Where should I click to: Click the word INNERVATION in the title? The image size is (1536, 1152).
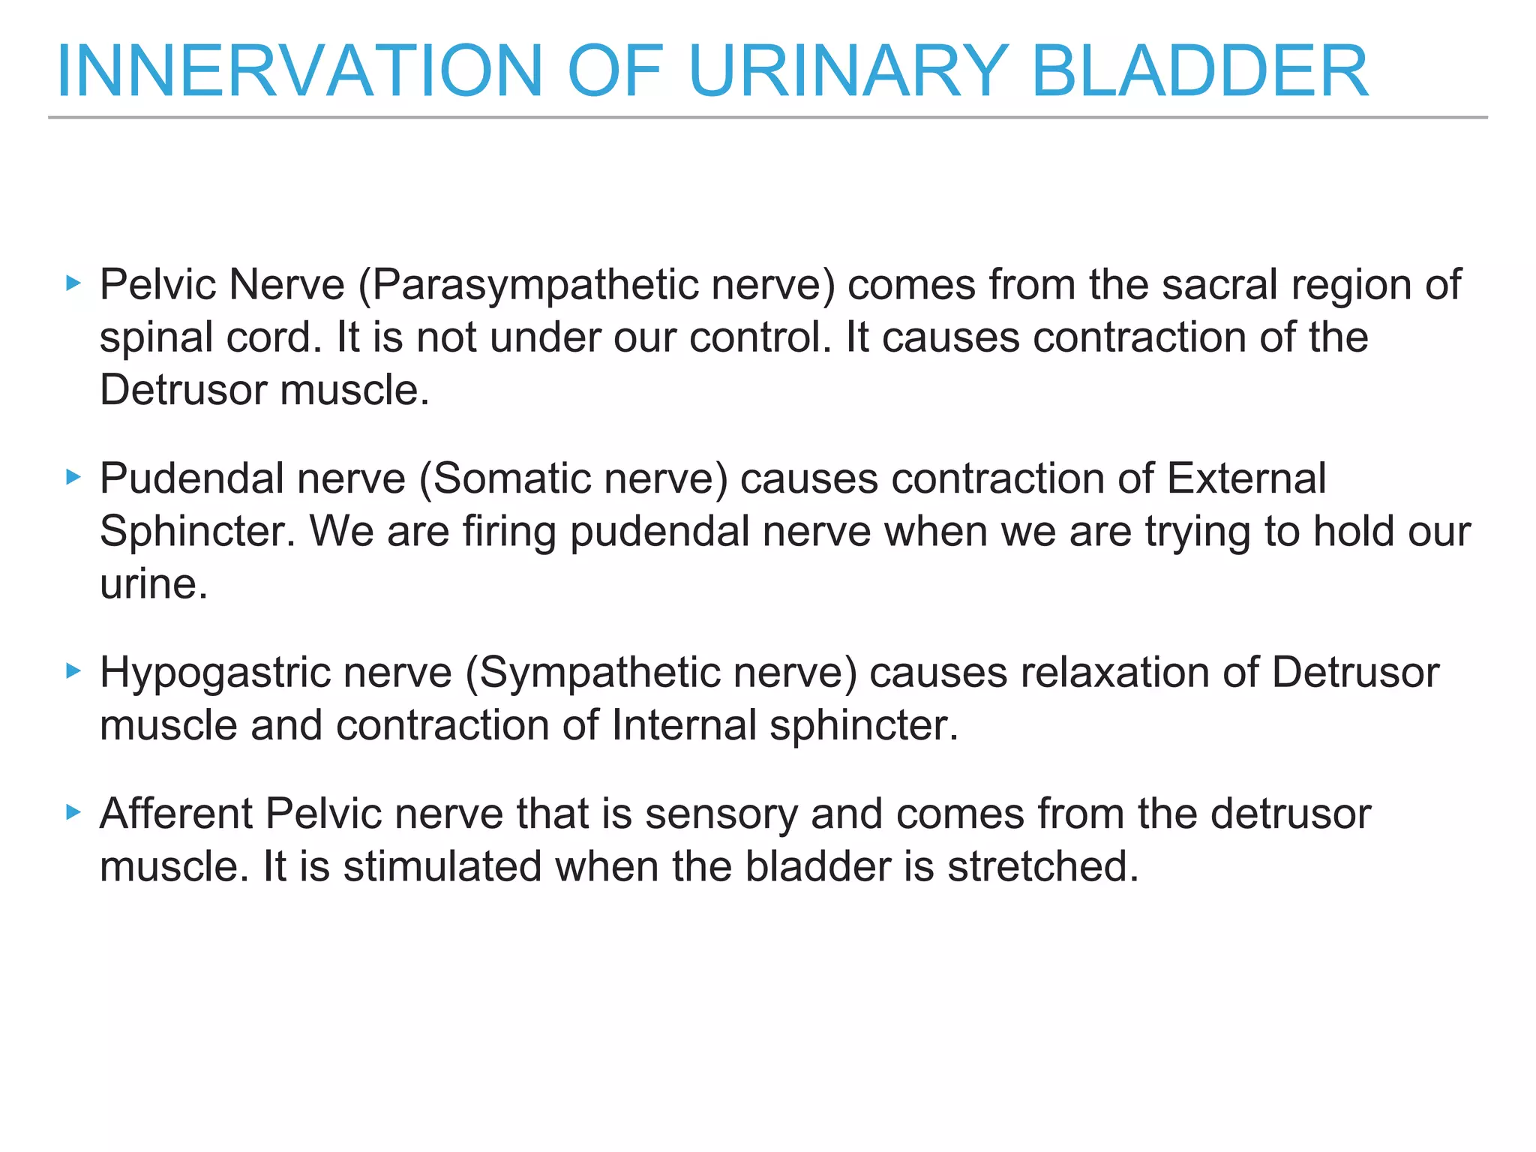pyautogui.click(x=299, y=71)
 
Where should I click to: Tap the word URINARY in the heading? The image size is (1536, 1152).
pyautogui.click(x=847, y=71)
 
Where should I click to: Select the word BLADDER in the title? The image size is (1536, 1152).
pyautogui.click(x=1200, y=71)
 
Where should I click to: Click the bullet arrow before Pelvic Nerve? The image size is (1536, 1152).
pyautogui.click(x=73, y=283)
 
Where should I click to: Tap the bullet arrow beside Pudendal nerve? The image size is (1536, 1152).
pyautogui.click(x=73, y=477)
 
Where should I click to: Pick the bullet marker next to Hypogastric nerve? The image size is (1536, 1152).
pyautogui.click(x=73, y=670)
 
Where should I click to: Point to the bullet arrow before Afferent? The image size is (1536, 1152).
pyautogui.click(x=73, y=811)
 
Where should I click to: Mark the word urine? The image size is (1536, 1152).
pyautogui.click(x=153, y=584)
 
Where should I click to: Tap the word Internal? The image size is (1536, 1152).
pyautogui.click(x=684, y=725)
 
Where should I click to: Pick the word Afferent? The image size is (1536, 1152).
pyautogui.click(x=176, y=813)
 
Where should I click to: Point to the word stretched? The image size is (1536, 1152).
pyautogui.click(x=1043, y=866)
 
